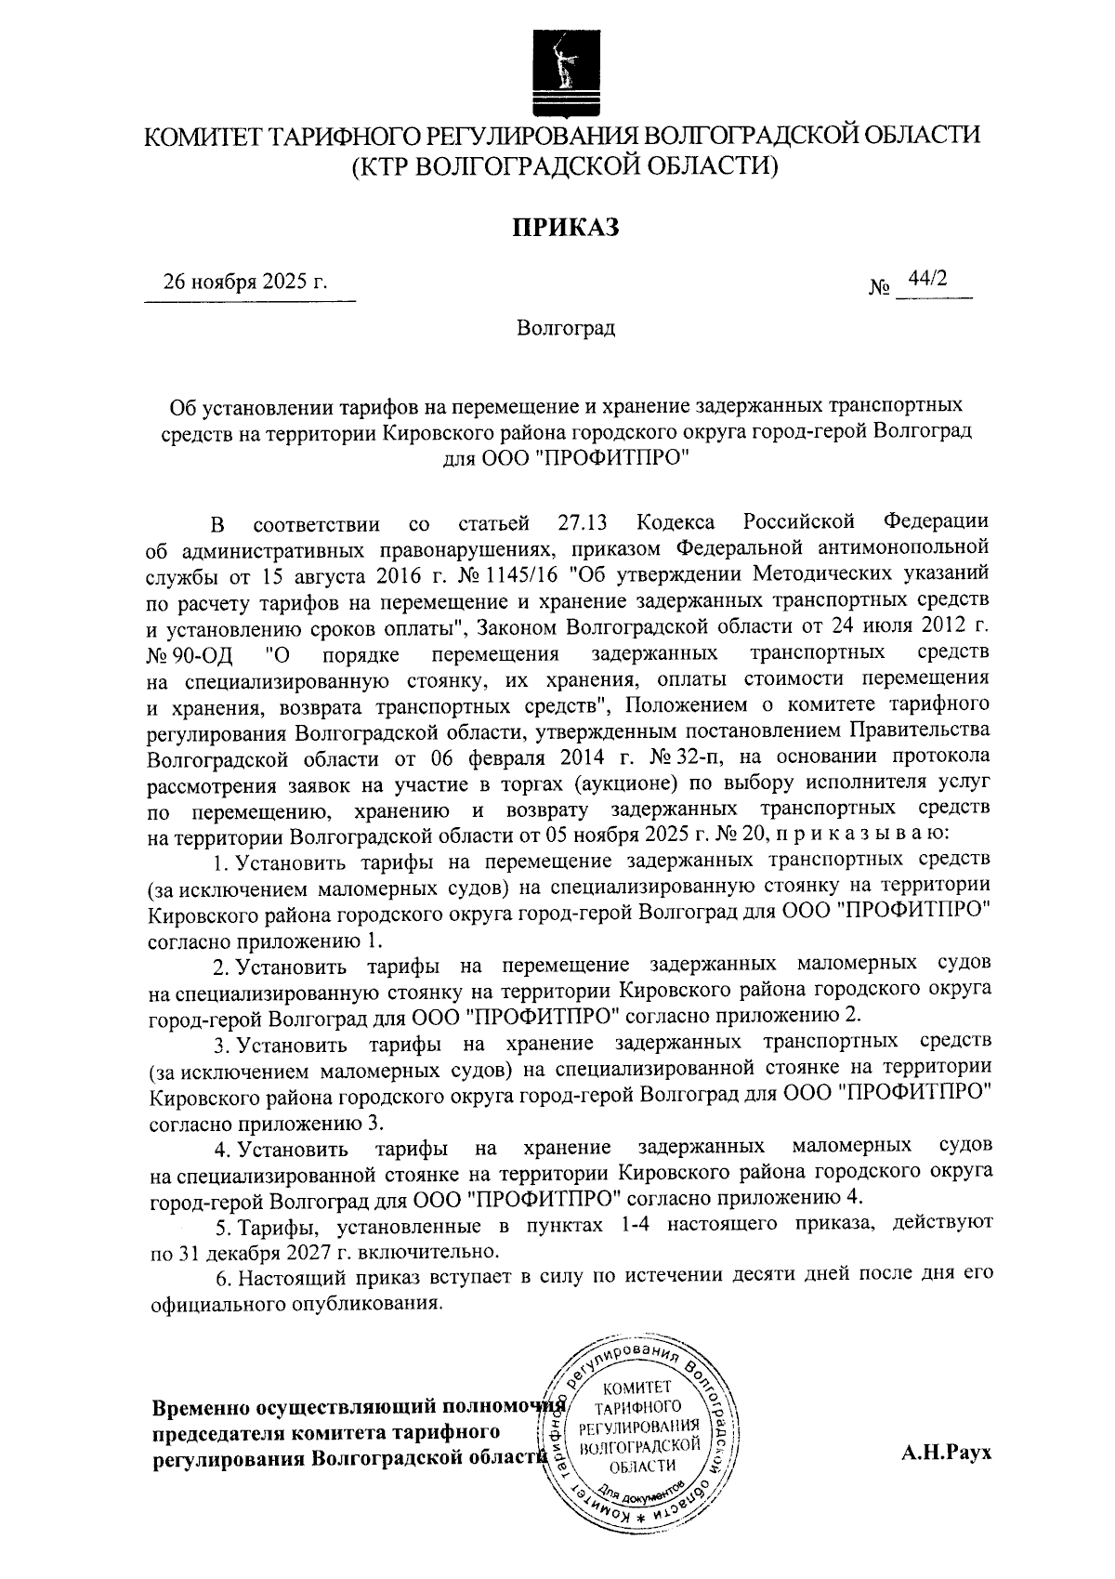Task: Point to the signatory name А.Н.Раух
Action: (946, 1454)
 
